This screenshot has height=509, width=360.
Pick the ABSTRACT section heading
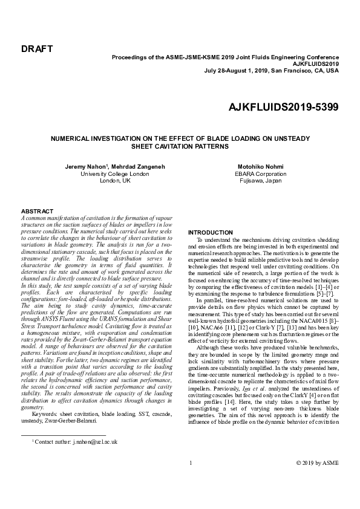coord(38,211)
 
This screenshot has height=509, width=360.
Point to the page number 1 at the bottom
coord(191,463)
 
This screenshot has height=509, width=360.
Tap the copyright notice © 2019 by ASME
coord(318,463)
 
